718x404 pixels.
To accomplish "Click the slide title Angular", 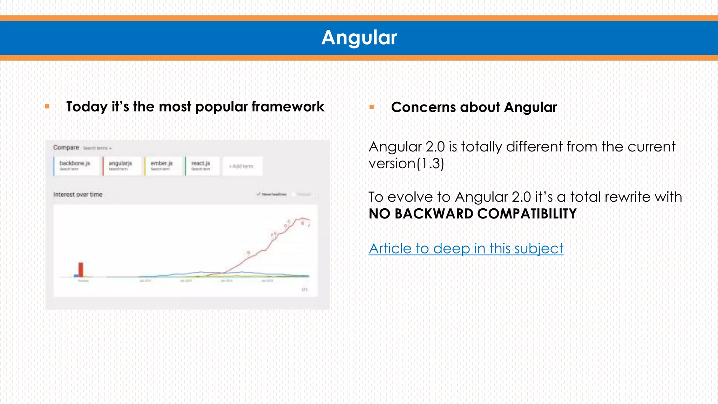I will click(x=359, y=38).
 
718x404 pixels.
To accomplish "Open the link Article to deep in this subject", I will click(x=466, y=249).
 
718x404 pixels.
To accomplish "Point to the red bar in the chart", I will click(x=81, y=269).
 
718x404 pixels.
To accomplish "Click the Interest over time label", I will click(x=78, y=195).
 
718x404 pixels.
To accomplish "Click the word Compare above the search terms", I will click(x=66, y=148).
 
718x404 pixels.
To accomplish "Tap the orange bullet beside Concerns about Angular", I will click(x=372, y=107).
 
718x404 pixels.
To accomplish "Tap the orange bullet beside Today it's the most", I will click(x=47, y=106).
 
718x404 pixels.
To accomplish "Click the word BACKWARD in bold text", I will click(x=434, y=214).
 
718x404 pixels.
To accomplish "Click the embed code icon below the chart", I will click(x=305, y=289).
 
